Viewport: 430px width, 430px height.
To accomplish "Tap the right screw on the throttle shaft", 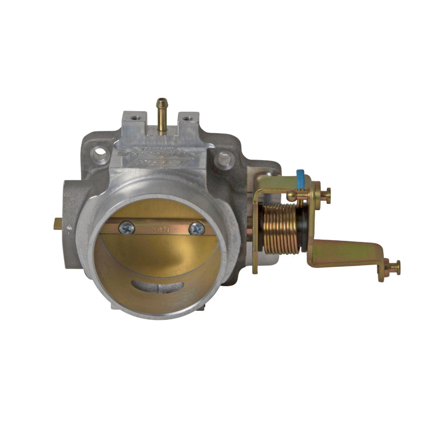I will [197, 228].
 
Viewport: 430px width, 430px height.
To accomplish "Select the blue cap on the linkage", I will [300, 179].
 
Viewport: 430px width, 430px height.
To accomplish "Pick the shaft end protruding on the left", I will [58, 226].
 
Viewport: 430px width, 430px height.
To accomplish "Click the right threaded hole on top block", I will [188, 118].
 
